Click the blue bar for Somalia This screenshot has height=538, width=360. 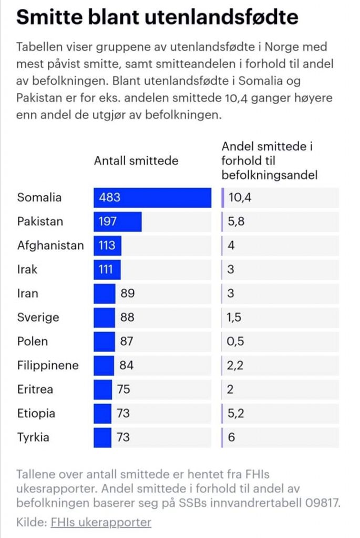point(152,198)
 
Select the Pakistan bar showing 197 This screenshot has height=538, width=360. point(117,222)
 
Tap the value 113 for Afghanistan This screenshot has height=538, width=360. point(107,245)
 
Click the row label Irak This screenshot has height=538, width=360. point(27,270)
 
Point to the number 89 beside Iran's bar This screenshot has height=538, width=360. point(127,293)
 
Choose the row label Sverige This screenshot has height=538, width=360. point(38,317)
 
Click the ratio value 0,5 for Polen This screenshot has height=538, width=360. point(235,342)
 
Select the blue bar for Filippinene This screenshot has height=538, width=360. point(104,366)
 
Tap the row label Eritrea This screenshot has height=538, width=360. point(35,389)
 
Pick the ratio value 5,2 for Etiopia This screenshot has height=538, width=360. point(236,413)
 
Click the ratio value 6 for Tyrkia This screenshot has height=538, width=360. point(231,438)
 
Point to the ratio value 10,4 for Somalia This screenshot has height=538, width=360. point(240,198)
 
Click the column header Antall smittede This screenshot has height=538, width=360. point(136,161)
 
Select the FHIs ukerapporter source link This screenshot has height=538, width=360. point(101,523)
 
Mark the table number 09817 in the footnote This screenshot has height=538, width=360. point(322,503)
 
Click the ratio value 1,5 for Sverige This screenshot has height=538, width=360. point(233,317)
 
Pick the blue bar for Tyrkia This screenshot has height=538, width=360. point(102,438)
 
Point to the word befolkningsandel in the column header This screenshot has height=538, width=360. point(270,175)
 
